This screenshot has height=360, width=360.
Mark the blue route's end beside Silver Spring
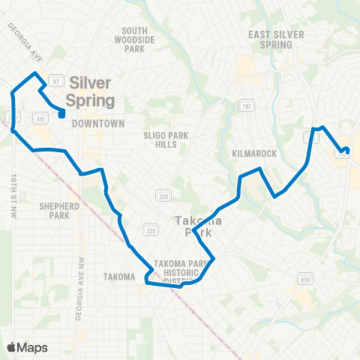[x=61, y=114]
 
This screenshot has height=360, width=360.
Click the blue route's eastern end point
[x=346, y=150]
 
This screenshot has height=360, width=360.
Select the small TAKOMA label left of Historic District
[x=118, y=277]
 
